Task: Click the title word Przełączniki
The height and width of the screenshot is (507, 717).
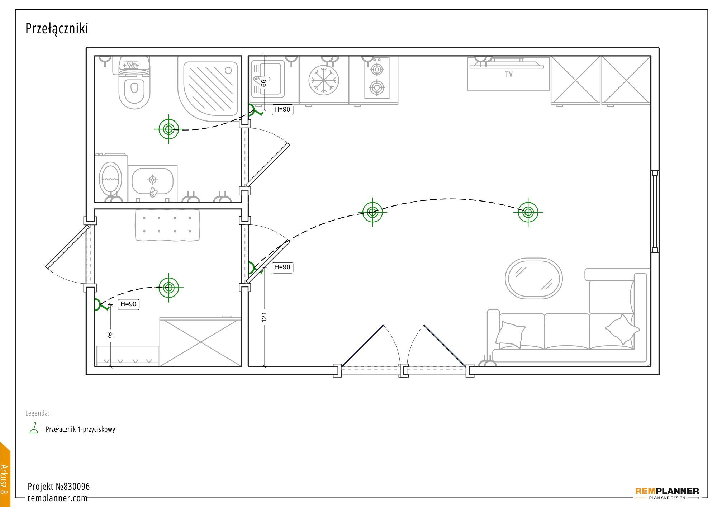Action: [57, 29]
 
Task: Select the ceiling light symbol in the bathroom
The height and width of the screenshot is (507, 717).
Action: [168, 129]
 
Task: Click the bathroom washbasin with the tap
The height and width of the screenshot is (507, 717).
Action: [152, 183]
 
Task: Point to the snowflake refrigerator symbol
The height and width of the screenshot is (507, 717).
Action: [324, 80]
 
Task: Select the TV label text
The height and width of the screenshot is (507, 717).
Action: [509, 75]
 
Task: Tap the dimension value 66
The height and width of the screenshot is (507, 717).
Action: [264, 83]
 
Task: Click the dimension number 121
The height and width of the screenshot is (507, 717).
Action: [264, 317]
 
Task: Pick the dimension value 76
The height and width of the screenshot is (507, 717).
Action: [110, 336]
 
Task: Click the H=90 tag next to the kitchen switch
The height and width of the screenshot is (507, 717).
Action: [282, 110]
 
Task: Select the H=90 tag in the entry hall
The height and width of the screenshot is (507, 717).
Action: [128, 304]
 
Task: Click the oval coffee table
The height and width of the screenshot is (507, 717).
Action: [533, 278]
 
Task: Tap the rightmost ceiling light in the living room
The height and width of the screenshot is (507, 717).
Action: [528, 212]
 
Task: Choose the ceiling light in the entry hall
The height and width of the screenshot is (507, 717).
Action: [169, 288]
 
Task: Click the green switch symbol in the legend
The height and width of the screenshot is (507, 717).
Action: [34, 428]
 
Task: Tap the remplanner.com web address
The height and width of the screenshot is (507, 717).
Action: [57, 498]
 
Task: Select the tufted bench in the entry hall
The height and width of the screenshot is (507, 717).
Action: [167, 225]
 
